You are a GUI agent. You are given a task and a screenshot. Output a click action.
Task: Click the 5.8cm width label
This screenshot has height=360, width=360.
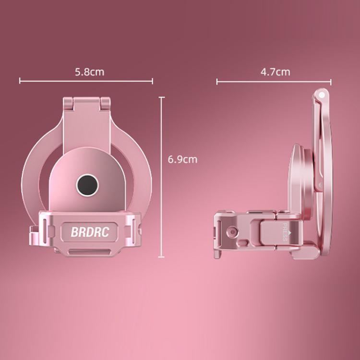(89, 72)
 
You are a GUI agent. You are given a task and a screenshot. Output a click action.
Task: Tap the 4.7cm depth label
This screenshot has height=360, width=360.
(275, 72)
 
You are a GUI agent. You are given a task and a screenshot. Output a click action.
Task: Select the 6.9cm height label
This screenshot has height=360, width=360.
(182, 159)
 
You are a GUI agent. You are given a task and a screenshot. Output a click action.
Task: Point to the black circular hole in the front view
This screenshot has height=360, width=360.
(88, 183)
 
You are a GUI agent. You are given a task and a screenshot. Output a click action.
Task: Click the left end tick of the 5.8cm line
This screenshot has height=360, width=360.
(20, 81)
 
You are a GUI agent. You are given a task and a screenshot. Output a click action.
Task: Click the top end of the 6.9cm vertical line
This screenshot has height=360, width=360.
(162, 97)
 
